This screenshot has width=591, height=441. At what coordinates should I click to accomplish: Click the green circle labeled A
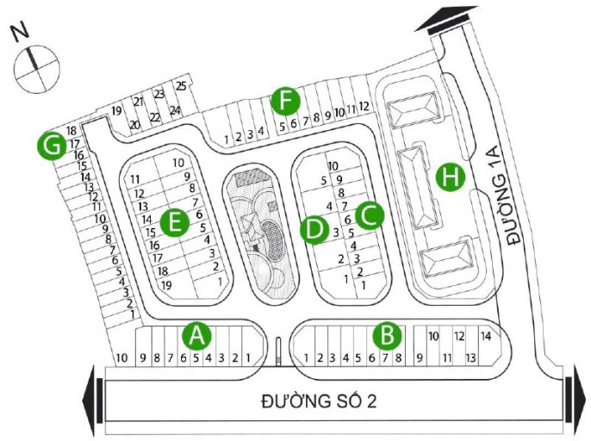click(198, 335)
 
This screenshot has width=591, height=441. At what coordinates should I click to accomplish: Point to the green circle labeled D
click(314, 229)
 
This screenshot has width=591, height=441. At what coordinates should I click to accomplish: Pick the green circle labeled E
click(175, 223)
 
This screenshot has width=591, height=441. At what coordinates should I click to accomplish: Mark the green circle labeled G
click(53, 146)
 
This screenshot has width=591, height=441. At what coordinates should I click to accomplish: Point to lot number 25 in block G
click(181, 85)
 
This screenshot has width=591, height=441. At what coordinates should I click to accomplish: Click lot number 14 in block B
click(486, 335)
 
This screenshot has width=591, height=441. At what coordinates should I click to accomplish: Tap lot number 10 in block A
click(121, 358)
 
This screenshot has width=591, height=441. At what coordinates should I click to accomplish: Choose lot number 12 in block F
click(364, 107)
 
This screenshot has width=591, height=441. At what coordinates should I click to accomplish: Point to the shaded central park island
click(257, 228)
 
